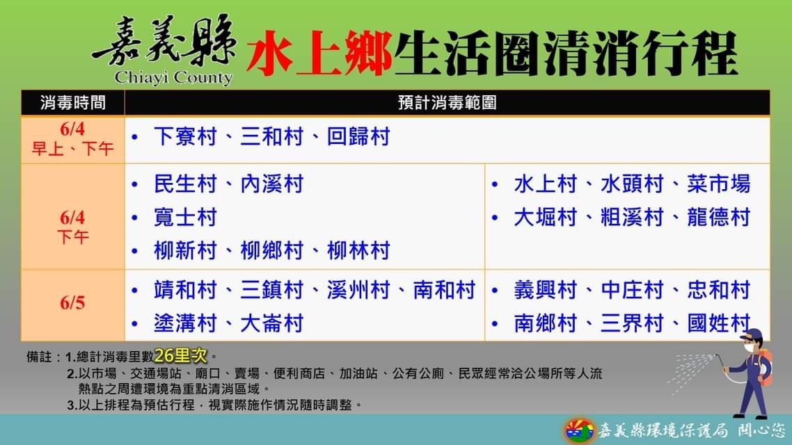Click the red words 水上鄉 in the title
[x=319, y=53]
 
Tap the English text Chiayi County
[x=173, y=78]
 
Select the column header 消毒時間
[x=73, y=103]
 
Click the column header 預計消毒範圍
[x=447, y=103]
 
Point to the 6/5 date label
[x=72, y=302]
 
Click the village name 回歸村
[x=358, y=137]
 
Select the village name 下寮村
[x=185, y=137]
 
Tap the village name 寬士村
[x=185, y=218]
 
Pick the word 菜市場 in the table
[x=718, y=184]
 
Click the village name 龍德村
[x=718, y=218]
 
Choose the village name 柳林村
[x=358, y=251]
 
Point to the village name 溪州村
[x=358, y=290]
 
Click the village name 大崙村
[x=271, y=323]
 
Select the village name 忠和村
[x=718, y=290]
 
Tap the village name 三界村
[x=632, y=323]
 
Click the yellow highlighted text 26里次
[x=181, y=356]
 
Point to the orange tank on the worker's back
[x=766, y=369]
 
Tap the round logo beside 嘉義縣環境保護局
[x=579, y=430]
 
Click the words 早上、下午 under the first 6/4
[x=73, y=149]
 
